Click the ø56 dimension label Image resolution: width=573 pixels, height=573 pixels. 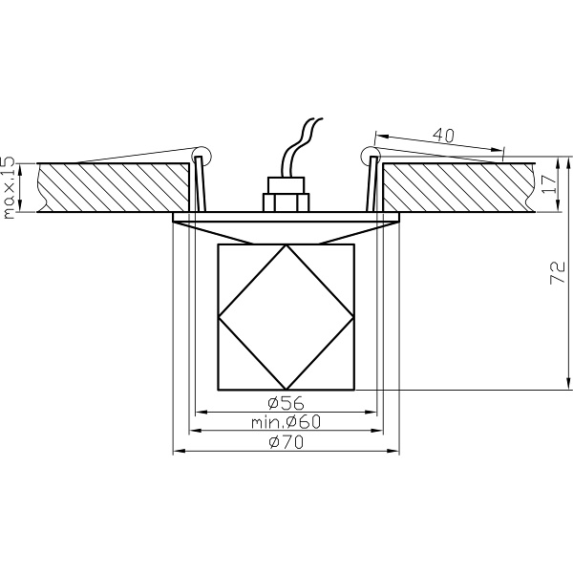coord(286,403)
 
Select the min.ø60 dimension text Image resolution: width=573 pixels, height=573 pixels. coord(286,422)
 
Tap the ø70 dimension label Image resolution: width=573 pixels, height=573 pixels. coord(286,442)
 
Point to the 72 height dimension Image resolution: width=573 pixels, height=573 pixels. coord(558,272)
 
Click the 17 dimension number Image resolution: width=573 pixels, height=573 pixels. coord(549,184)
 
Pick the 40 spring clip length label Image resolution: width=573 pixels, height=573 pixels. coord(444,135)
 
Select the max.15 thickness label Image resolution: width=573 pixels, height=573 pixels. coord(9,188)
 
